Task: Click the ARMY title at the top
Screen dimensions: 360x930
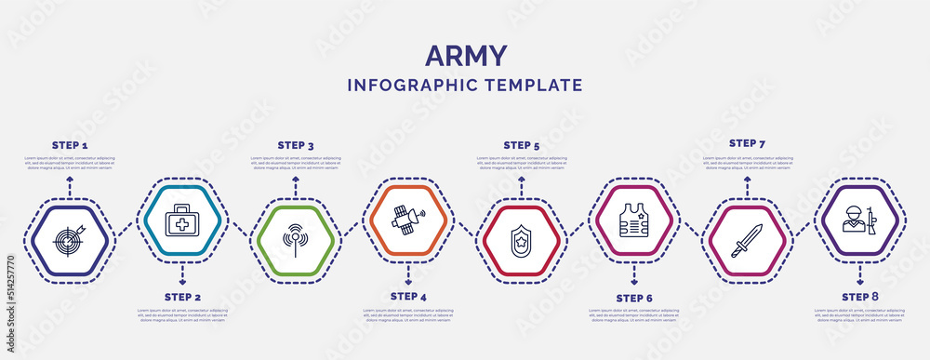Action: (x=465, y=56)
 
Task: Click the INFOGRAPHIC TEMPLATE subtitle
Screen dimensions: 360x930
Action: (x=465, y=85)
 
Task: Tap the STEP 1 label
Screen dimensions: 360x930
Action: (x=70, y=146)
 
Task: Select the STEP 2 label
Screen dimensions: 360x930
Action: (x=183, y=297)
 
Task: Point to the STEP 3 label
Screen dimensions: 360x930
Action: (x=296, y=145)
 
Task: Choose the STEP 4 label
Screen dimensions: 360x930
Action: (x=409, y=296)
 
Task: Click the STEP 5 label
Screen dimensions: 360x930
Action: (x=522, y=145)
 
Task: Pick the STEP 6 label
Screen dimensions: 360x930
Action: (x=634, y=298)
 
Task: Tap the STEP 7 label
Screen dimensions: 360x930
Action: (x=748, y=143)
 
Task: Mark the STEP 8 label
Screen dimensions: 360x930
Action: (x=860, y=296)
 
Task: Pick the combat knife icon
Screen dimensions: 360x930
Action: (x=747, y=237)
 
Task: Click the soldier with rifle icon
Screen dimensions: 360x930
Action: (x=860, y=221)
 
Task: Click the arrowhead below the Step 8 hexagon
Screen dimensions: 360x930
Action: (x=860, y=280)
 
